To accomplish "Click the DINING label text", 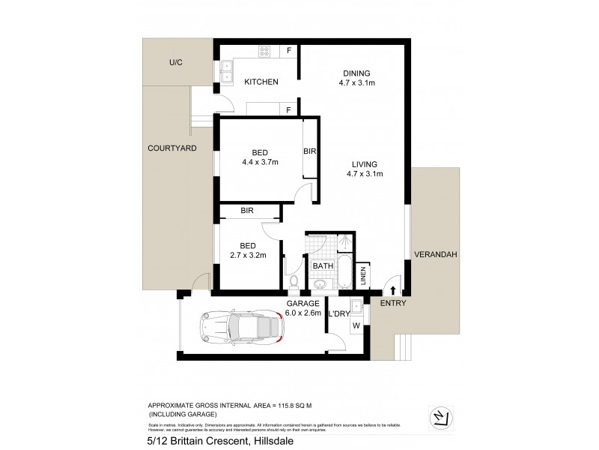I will (357, 73).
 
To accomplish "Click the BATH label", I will (323, 265).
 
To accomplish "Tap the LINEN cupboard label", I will (362, 276).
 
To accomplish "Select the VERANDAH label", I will (435, 255).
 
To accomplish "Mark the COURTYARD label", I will (172, 148).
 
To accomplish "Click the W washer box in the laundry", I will (355, 325).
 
